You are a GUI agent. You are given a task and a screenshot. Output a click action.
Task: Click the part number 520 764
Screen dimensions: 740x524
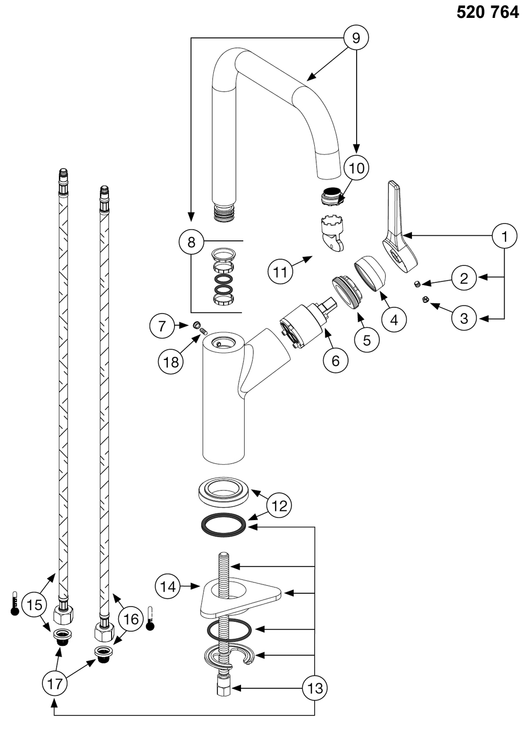point(487,12)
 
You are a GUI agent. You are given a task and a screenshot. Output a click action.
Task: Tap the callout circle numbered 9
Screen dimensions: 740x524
point(356,38)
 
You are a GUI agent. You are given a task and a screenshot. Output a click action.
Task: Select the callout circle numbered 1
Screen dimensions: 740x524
point(505,237)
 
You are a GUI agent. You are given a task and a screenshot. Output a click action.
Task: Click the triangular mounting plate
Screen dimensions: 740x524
point(241,597)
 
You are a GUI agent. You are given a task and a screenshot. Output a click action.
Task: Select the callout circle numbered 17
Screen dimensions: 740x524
point(55,684)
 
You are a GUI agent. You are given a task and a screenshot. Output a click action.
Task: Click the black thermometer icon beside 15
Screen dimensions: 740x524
point(15,604)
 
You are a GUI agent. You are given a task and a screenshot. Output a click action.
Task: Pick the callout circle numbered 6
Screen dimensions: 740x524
point(336,361)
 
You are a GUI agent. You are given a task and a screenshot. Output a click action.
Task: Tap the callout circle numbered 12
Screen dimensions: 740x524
point(279,506)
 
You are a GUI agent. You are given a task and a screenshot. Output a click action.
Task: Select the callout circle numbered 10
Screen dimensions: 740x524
point(356,168)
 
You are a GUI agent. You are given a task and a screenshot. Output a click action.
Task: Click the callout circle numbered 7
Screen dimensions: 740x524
point(162,326)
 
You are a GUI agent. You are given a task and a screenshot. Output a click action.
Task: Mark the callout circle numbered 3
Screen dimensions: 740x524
point(464,318)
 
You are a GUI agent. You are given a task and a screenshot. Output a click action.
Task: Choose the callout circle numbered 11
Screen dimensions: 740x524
point(280,272)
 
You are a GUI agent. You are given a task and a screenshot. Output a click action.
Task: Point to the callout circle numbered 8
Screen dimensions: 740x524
point(191,241)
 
